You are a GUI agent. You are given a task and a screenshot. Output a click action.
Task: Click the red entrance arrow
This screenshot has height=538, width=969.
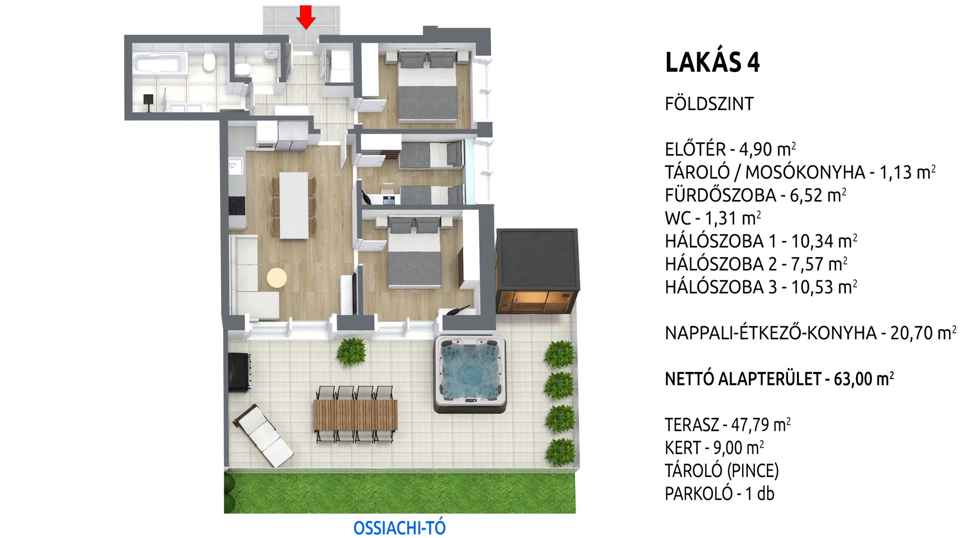point(305,17)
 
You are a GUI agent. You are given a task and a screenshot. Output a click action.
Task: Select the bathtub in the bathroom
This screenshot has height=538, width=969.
point(160,63)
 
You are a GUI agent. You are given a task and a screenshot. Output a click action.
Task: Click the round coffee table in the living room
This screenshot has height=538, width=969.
point(277,278)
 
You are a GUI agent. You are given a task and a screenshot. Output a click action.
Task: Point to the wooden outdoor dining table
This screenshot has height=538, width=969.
point(355,415)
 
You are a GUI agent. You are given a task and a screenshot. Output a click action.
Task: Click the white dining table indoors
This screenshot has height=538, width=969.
point(294,205)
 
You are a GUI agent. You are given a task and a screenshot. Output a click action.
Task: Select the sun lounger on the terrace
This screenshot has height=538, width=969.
point(263,435)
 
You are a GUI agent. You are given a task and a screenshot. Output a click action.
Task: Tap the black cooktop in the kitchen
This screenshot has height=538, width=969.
point(237,206)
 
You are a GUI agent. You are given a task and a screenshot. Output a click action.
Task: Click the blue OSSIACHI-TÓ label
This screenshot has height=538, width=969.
point(399,528)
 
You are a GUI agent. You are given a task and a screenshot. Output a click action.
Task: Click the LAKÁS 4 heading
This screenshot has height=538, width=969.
point(712,62)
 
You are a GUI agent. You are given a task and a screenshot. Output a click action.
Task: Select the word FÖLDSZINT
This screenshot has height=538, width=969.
point(709,104)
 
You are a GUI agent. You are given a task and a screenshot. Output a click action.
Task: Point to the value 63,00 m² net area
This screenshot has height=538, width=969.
point(864,378)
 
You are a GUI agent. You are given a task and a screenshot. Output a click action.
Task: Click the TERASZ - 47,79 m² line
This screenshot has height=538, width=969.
point(728,424)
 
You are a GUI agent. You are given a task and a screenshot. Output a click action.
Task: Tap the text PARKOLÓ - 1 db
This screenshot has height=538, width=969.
point(720,493)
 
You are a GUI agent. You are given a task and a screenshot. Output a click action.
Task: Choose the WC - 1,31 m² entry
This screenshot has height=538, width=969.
point(713,218)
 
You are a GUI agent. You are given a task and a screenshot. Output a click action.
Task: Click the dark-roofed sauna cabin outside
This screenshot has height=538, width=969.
point(537,271)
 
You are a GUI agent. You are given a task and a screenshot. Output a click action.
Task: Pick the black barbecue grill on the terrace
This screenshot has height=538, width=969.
point(239,372)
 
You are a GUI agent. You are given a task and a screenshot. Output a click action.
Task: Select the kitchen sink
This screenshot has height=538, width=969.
point(235,166)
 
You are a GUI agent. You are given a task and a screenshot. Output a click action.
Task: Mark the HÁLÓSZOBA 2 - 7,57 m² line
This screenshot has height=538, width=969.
point(756,264)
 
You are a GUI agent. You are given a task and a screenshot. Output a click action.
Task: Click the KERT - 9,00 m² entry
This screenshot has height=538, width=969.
point(714,448)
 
